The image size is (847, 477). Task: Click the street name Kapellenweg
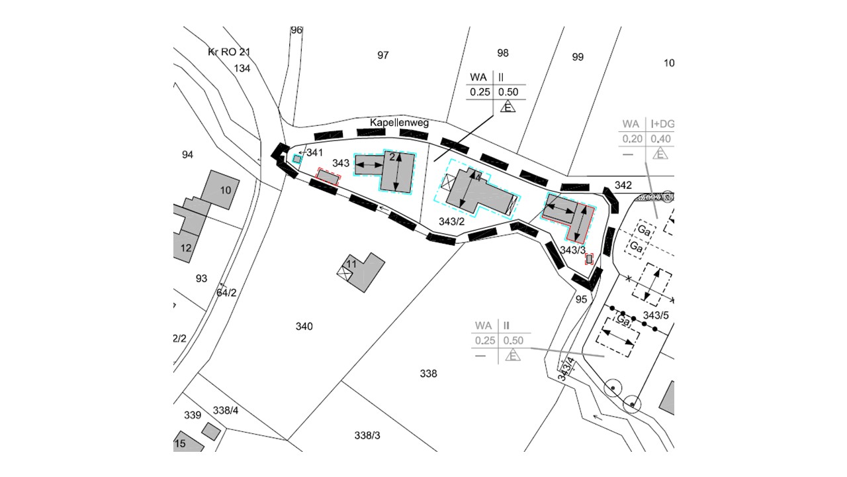[399, 123]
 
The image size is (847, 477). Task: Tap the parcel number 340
[304, 327]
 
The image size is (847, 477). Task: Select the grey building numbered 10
[221, 189]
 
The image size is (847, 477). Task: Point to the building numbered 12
[186, 248]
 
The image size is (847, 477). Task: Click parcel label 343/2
[453, 221]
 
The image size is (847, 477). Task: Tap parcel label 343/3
[573, 250]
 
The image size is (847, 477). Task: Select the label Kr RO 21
[230, 52]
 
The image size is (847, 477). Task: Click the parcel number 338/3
[367, 435]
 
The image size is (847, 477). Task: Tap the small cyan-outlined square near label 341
[297, 159]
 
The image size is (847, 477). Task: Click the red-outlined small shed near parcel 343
[328, 176]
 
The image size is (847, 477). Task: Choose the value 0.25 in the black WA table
[479, 92]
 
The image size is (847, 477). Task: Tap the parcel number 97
[383, 56]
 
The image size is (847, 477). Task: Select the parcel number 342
[623, 185]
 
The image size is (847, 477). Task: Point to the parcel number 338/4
[226, 410]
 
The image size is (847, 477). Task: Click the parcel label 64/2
[226, 292]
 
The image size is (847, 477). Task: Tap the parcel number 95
[582, 299]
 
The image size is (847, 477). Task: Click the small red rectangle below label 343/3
[588, 260]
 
